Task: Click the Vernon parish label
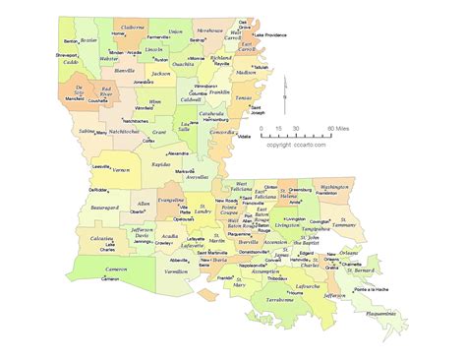click(x=123, y=169)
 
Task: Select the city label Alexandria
click(x=178, y=153)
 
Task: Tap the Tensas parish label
click(x=242, y=98)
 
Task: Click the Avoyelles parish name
click(x=197, y=178)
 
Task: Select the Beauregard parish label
click(x=103, y=209)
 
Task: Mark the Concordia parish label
click(x=222, y=132)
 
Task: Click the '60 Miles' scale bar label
click(x=339, y=129)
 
